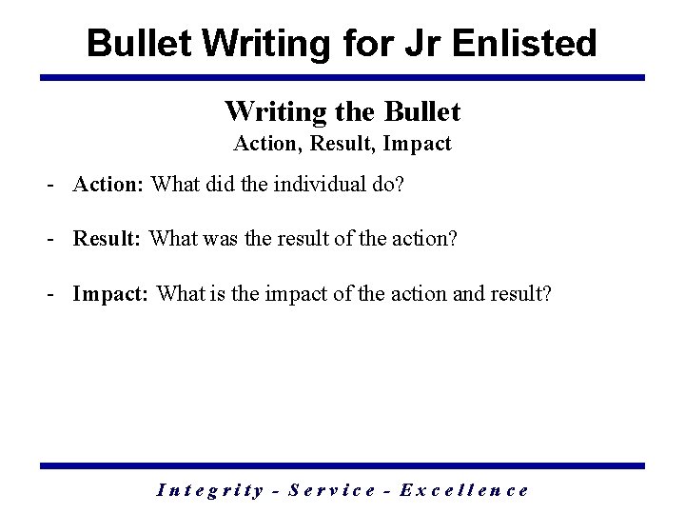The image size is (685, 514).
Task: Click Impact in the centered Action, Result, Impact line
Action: (421, 146)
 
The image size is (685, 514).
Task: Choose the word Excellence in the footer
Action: (465, 491)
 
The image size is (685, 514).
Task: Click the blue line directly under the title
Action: (342, 77)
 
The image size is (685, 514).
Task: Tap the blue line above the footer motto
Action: (342, 465)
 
